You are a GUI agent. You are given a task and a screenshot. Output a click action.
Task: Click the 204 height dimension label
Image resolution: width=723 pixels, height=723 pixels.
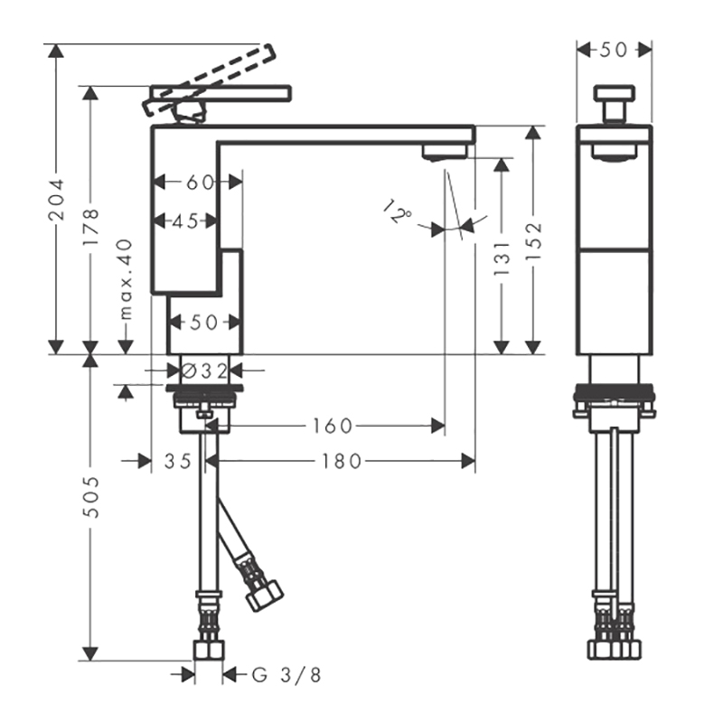[x=57, y=200]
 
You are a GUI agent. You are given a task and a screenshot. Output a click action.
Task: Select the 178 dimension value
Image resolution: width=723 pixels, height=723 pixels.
[x=91, y=227]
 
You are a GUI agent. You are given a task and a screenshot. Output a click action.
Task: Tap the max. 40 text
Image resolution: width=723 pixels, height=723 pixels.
[x=126, y=279]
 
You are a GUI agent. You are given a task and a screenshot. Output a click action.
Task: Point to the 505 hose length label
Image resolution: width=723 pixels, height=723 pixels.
[x=91, y=497]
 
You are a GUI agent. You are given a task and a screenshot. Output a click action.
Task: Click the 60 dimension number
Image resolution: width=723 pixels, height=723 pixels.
[x=200, y=183]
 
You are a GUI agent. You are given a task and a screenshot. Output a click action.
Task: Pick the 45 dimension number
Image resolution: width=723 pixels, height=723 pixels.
[x=185, y=221]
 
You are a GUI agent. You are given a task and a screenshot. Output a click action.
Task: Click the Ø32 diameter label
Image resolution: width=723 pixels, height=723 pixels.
[x=205, y=371]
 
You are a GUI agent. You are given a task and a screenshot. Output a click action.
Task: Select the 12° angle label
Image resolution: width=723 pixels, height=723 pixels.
[x=398, y=211]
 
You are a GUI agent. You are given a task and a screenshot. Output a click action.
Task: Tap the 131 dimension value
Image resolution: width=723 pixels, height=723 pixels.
[x=502, y=258]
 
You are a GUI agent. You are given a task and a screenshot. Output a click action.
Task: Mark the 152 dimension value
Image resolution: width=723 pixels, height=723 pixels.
[x=533, y=241]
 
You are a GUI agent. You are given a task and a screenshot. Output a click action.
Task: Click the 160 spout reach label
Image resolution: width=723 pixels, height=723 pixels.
[x=333, y=426]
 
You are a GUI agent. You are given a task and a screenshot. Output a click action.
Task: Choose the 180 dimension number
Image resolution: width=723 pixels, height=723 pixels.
[x=342, y=461]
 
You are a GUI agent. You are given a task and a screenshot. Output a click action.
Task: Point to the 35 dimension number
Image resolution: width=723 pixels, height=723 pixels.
[x=178, y=461]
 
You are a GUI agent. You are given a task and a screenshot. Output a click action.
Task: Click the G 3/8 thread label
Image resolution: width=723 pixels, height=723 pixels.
[x=286, y=675]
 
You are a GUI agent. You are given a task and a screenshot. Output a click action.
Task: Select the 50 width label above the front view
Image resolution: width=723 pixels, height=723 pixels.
[x=614, y=50]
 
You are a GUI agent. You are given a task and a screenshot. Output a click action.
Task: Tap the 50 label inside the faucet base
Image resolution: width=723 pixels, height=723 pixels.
[x=204, y=323]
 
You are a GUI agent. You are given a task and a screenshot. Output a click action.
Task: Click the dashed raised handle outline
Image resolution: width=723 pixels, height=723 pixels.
[x=210, y=80]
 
